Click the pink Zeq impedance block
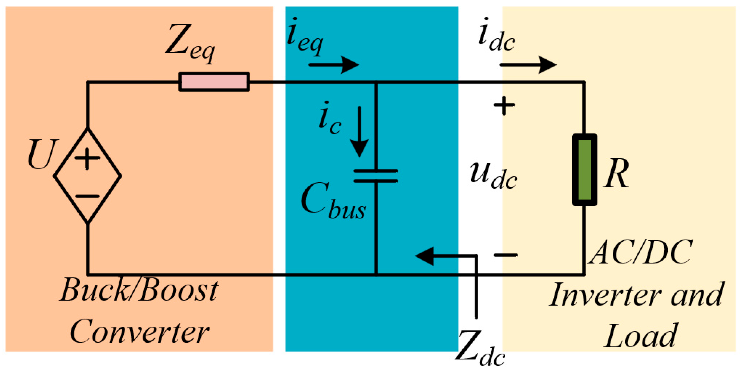pos(214,82)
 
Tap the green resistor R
pos(585,170)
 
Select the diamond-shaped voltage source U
pos(88,176)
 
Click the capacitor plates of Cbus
pos(376,176)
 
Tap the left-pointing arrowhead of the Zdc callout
pos(424,256)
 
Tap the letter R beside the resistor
pos(616,173)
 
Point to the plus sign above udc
pos(504,106)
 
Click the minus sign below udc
pos(506,255)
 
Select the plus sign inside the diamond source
pos(87,158)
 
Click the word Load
pos(640,336)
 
